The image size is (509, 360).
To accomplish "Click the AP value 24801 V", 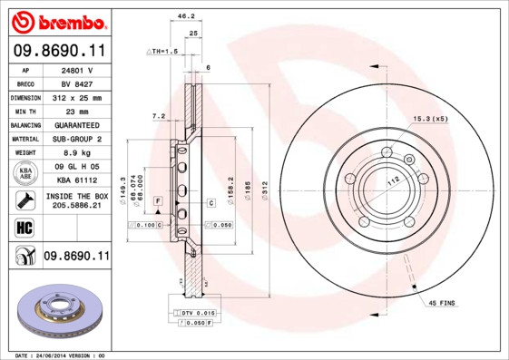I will pos(77,70).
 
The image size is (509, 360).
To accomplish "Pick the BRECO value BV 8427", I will pos(77,83).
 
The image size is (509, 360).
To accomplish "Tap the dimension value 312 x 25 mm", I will pos(77,97).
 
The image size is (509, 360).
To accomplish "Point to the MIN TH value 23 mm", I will pos(77,111).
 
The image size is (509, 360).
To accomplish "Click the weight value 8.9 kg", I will pos(77,152).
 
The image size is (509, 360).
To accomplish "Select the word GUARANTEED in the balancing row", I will pos(77,124).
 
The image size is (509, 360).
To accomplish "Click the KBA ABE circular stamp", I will pos(24,173).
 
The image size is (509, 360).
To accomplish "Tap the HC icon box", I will pos(24,227).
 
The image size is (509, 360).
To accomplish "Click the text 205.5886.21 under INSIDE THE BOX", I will pos(77,206).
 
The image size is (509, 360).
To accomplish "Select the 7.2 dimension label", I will pos(159,116).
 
